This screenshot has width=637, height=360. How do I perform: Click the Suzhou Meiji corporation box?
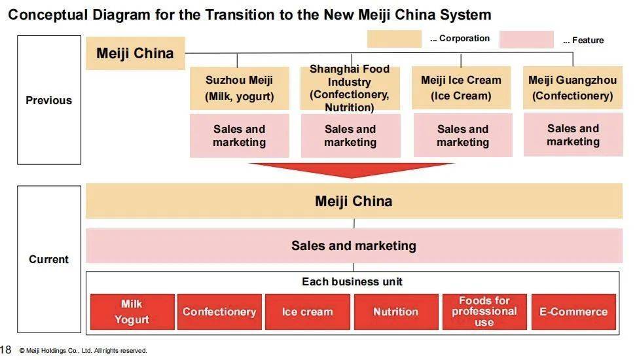239,88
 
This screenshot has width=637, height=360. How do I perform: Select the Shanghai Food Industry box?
350,88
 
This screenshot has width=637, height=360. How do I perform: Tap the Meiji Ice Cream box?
461,88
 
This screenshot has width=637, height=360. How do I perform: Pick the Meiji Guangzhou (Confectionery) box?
573,88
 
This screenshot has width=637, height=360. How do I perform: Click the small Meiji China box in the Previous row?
135,54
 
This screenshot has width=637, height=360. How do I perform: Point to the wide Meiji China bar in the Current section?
354,201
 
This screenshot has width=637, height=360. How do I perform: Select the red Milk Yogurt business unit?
132,312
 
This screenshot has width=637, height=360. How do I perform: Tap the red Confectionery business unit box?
219,312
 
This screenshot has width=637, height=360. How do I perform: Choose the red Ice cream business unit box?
308,312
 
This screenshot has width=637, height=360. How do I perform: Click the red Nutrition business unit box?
395,312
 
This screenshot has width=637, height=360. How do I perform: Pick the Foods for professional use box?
484,312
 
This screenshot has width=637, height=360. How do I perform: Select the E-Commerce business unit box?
573,312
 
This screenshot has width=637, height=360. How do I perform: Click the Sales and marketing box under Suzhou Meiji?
239,135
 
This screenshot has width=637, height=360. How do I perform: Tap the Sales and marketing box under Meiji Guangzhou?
573,135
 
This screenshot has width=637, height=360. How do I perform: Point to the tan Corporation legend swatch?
394,39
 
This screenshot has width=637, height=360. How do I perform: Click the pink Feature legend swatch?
526,40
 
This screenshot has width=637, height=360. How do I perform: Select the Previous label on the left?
49,100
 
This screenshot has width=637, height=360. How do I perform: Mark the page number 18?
6,350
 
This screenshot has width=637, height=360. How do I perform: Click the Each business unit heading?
352,282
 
